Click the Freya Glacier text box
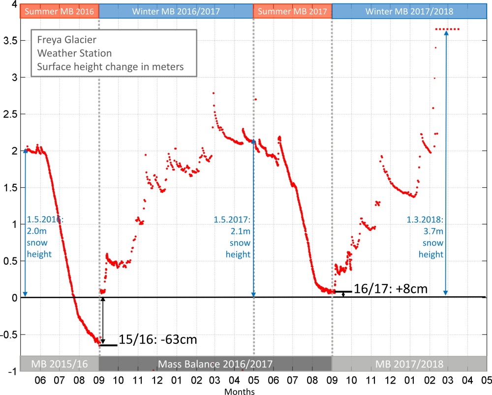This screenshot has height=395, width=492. pyautogui.click(x=114, y=53)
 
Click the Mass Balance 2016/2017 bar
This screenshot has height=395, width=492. pyautogui.click(x=215, y=364)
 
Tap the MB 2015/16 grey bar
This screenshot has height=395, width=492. pyautogui.click(x=59, y=364)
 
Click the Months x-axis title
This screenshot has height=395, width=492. pyautogui.click(x=240, y=392)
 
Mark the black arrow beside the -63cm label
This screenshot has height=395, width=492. pyautogui.click(x=103, y=320)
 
